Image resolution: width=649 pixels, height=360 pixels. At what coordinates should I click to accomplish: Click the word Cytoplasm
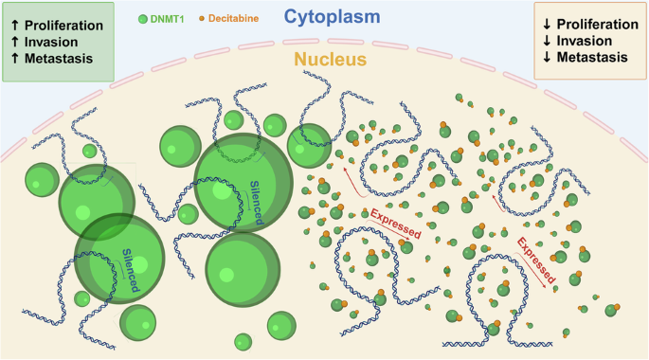tap(332, 17)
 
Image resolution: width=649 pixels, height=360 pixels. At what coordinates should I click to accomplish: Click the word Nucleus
tap(331, 59)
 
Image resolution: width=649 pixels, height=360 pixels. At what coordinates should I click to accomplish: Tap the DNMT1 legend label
tap(167, 19)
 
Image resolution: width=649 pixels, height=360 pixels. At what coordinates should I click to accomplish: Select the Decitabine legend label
tap(233, 19)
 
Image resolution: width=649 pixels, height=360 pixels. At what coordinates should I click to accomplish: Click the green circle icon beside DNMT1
tap(143, 19)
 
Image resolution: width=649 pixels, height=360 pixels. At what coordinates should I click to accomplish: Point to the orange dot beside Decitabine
tap(202, 19)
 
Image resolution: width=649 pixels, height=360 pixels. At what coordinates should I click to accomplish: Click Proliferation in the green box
tap(63, 26)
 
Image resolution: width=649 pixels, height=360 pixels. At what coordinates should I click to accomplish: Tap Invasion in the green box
tap(51, 43)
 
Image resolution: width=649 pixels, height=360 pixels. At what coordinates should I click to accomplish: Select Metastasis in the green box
tap(59, 59)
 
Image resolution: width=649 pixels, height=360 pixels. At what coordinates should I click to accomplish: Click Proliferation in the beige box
tap(597, 25)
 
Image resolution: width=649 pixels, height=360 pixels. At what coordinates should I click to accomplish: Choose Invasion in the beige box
tap(584, 41)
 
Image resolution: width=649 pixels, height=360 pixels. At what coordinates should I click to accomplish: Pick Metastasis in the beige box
tap(592, 57)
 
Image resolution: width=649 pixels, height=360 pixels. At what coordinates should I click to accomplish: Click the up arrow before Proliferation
tap(15, 26)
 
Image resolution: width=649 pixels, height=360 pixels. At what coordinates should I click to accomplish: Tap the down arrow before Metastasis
tap(547, 58)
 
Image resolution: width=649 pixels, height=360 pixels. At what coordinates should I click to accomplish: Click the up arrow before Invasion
tap(15, 42)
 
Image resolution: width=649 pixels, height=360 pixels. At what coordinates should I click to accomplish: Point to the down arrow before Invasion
tap(547, 41)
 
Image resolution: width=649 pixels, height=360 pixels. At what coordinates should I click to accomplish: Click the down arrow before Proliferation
tap(547, 25)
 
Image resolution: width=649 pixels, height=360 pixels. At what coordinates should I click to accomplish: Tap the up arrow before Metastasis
tap(15, 59)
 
